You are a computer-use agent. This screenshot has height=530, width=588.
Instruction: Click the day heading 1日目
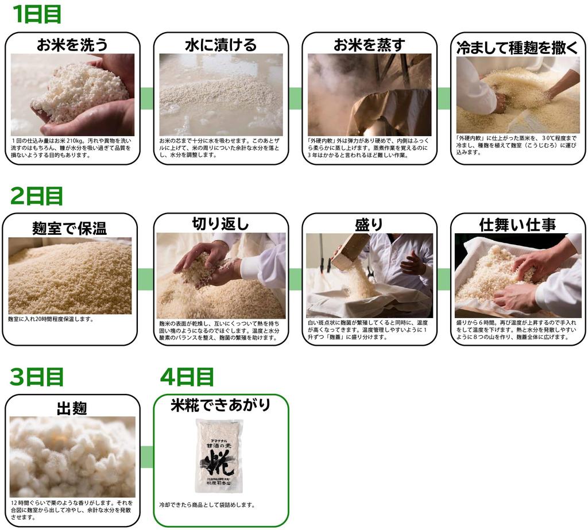click(36, 14)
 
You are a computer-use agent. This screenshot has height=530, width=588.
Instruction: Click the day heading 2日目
click(36, 196)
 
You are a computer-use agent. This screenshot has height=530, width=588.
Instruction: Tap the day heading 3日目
click(36, 377)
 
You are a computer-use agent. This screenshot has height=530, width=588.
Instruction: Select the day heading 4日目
click(187, 377)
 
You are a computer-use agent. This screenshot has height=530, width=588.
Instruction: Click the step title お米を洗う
click(72, 45)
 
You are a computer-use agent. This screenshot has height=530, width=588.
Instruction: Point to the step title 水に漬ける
click(220, 45)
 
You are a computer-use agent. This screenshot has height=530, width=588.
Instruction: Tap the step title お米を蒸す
click(369, 45)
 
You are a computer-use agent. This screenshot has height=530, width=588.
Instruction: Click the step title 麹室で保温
click(69, 228)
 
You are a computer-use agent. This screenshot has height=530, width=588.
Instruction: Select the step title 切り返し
click(220, 224)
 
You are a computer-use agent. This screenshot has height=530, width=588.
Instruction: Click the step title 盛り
click(369, 225)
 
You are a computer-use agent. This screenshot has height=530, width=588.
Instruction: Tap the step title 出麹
click(72, 408)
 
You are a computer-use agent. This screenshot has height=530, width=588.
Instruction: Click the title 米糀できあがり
click(220, 405)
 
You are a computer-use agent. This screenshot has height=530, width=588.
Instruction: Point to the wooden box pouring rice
click(350, 252)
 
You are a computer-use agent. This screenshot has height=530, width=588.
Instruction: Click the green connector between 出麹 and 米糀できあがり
click(146, 457)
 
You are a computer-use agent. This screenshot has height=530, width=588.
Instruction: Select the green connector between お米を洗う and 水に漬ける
click(146, 98)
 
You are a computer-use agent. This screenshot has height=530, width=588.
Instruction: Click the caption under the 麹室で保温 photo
click(51, 319)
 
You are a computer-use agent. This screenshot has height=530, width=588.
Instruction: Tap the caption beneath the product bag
click(207, 505)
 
